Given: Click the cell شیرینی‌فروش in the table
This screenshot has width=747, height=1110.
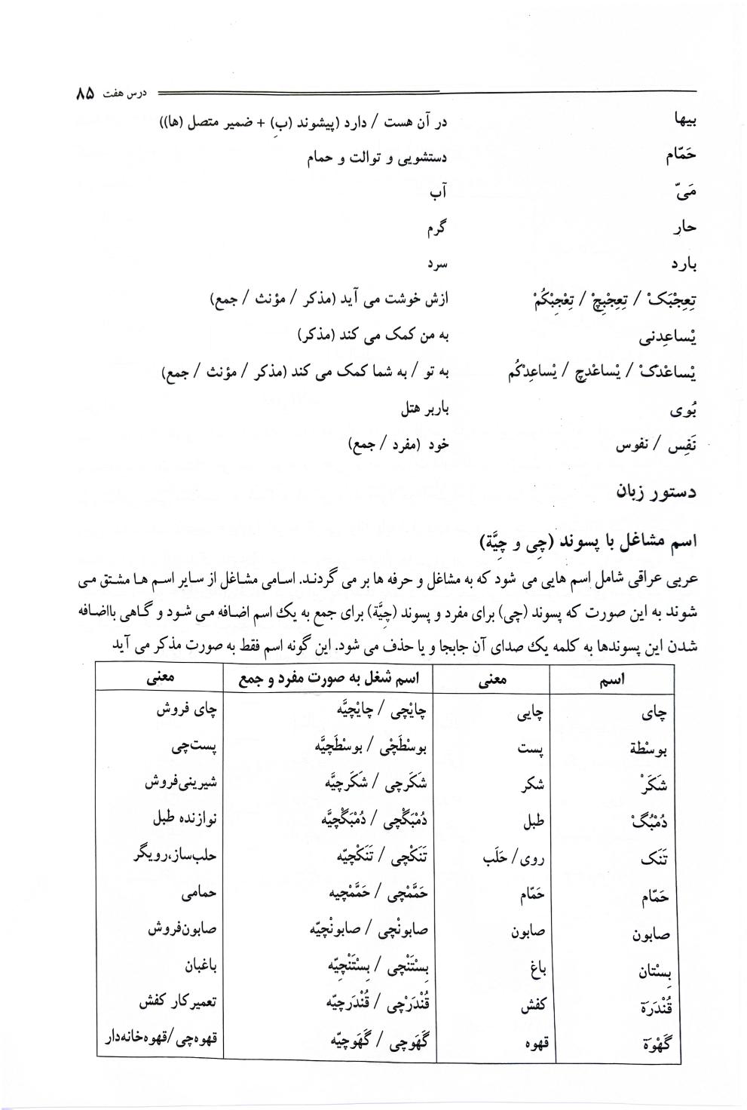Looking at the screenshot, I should click(x=181, y=783).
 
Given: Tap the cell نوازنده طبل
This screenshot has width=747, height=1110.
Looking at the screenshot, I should click(x=182, y=820).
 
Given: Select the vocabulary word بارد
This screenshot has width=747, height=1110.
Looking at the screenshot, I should click(x=676, y=265).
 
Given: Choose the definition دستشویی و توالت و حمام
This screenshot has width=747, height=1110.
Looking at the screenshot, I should click(x=377, y=158).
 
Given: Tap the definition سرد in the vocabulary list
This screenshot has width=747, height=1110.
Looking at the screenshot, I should click(x=438, y=265).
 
